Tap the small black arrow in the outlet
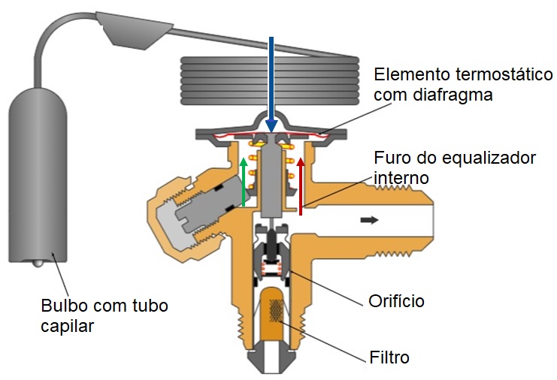click(x=369, y=220)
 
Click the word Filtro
click(x=389, y=357)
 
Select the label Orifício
click(x=396, y=301)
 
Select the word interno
click(x=401, y=178)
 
